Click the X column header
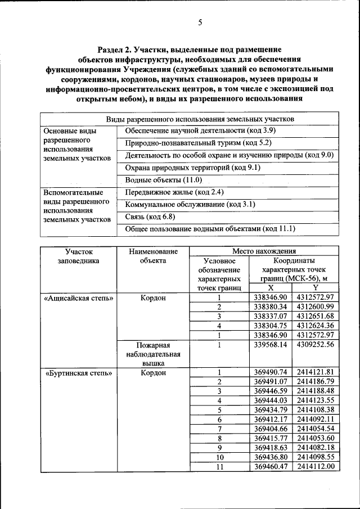[271, 288]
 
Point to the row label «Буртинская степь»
[78, 372]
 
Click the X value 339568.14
[271, 344]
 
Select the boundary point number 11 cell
[219, 466]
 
